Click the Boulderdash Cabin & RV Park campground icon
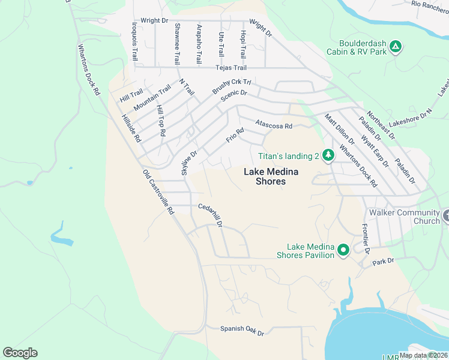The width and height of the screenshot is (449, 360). pos(395,46)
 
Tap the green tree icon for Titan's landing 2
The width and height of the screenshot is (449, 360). pos(328,156)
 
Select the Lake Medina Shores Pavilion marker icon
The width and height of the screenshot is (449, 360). pos(343,250)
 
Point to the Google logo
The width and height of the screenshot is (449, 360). pos(20,352)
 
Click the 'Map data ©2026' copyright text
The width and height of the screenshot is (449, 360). pos(423,355)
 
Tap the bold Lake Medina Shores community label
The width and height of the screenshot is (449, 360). pos(271,176)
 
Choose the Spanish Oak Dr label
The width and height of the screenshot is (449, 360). pos(242,329)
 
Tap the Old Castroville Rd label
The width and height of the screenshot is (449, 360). pos(158,191)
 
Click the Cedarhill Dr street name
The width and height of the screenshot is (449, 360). pos(211,215)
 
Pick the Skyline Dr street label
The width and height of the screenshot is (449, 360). pos(189,163)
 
